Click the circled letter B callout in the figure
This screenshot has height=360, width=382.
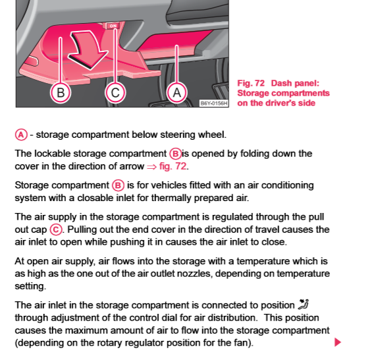point(61,93)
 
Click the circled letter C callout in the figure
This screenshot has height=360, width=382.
point(115,93)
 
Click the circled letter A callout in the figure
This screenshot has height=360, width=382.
point(177,93)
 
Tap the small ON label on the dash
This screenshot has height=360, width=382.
point(113,26)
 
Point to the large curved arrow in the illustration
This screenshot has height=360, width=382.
point(88,50)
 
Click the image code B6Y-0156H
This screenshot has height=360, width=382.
point(213,104)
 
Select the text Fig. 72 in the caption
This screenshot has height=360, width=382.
point(251,84)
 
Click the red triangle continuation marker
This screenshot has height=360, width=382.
point(338,342)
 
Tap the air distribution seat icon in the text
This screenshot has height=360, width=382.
point(304,305)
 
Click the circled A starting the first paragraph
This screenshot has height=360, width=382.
point(21,135)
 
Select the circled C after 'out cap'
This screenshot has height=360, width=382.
point(56,229)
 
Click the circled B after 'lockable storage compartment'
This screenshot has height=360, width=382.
point(175,154)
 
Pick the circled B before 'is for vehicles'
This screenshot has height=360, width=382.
point(118,185)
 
